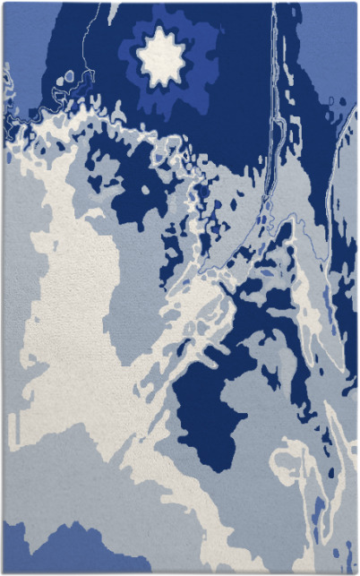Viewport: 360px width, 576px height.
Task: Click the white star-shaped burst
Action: coord(161,57)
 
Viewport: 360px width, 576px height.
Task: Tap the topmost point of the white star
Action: coord(161,27)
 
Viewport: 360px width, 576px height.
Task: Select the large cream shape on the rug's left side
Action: coord(72,296)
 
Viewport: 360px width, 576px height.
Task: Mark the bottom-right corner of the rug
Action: coord(356,572)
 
